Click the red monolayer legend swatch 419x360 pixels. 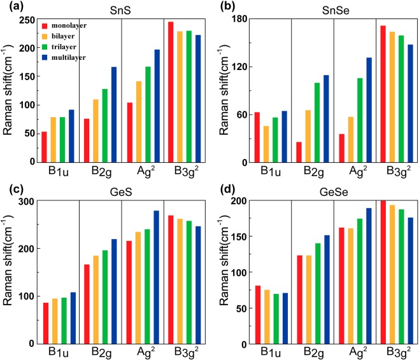click(x=44, y=27)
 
